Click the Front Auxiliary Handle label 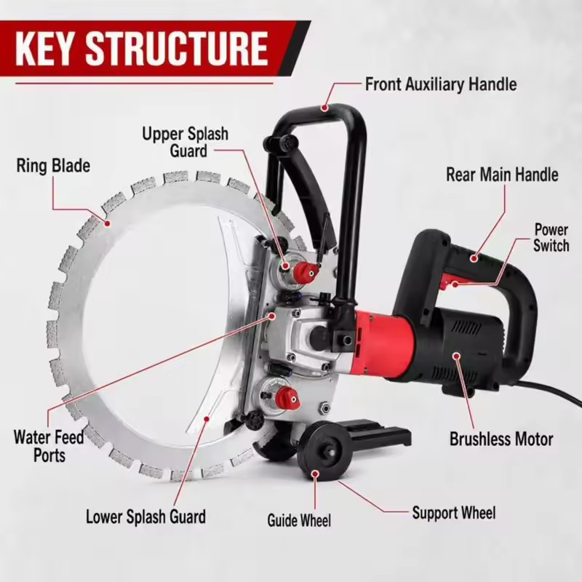coord(441,84)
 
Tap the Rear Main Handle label coord(502,175)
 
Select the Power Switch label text coord(551,238)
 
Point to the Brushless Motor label coord(501,439)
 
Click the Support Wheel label coord(454,513)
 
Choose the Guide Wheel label coord(299,520)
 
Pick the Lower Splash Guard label coord(146,517)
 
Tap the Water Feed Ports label coord(49,446)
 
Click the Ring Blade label coord(53,166)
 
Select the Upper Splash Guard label coord(186,142)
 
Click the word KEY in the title coord(44,49)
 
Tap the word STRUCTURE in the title coord(177,49)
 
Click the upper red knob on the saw coord(305,272)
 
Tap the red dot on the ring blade coord(108,223)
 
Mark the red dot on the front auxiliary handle coord(324,108)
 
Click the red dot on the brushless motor coord(457,356)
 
